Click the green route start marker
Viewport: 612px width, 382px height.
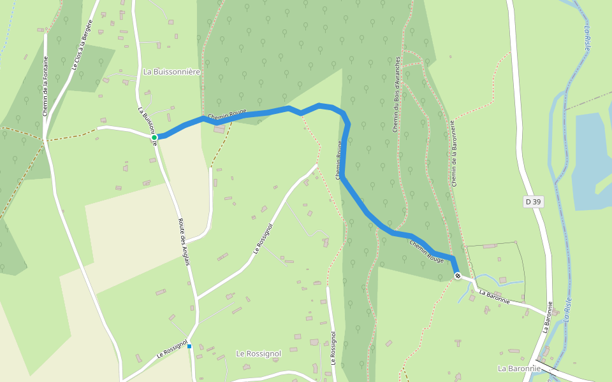pyautogui.click(x=154, y=137)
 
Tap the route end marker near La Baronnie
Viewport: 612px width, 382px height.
pyautogui.click(x=457, y=275)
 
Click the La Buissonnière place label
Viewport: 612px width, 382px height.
pyautogui.click(x=172, y=72)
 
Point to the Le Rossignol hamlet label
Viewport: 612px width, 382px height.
pyautogui.click(x=258, y=353)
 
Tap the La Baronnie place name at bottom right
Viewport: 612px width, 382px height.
pyautogui.click(x=519, y=368)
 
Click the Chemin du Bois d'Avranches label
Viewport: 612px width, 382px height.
pyautogui.click(x=396, y=94)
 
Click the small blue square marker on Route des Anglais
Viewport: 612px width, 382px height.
pyautogui.click(x=189, y=346)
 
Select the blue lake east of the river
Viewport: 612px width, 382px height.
pyautogui.click(x=593, y=159)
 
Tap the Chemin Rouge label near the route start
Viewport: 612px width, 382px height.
pyautogui.click(x=227, y=114)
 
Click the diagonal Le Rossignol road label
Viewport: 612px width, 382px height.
pyautogui.click(x=263, y=239)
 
